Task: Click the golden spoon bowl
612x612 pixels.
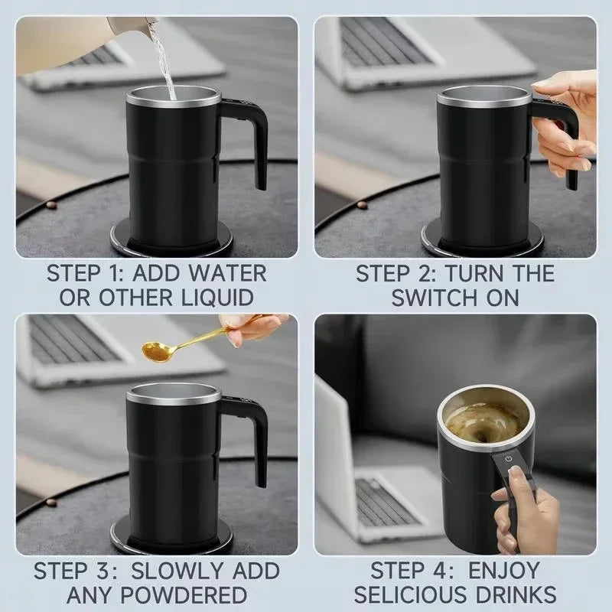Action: pyautogui.click(x=156, y=351)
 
